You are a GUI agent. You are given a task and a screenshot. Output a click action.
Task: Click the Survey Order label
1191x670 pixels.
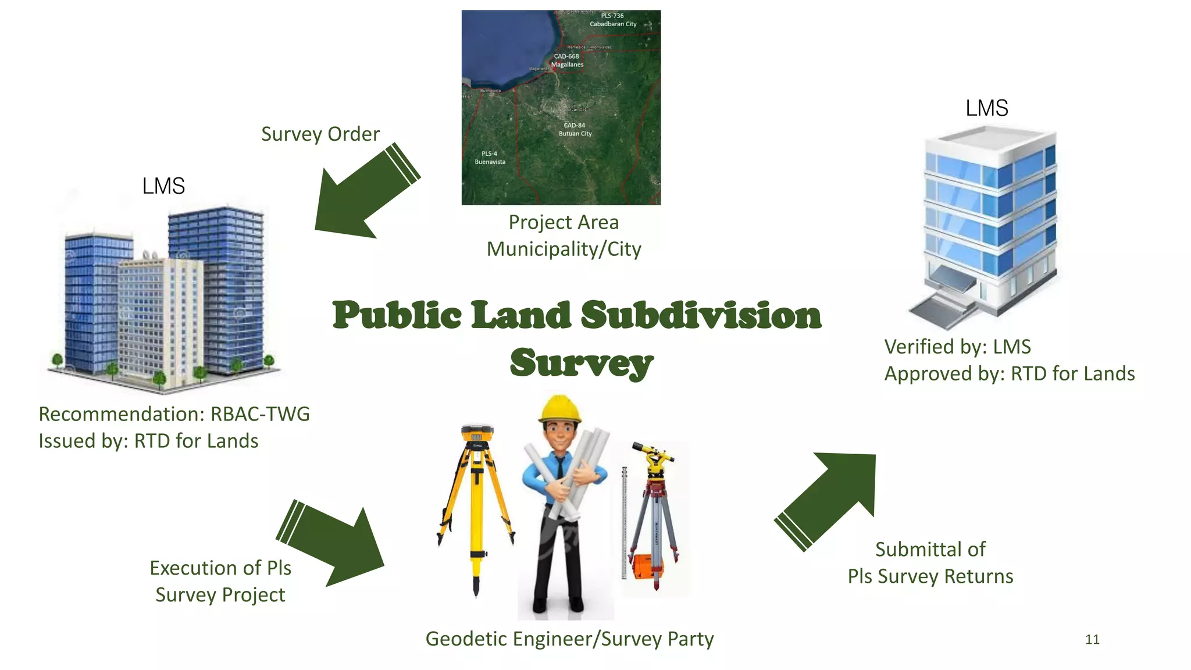click(320, 134)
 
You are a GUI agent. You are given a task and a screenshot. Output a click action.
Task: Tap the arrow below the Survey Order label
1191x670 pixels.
click(361, 195)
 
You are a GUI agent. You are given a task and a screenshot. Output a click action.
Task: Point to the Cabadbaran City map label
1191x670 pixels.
click(613, 24)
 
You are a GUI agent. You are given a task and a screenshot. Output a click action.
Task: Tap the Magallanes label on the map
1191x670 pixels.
click(567, 65)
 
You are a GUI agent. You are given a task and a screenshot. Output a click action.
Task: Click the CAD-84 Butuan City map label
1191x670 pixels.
click(575, 130)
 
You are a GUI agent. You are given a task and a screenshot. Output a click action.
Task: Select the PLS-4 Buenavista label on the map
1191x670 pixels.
click(490, 158)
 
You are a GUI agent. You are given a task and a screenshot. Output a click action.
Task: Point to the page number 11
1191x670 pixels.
click(1092, 640)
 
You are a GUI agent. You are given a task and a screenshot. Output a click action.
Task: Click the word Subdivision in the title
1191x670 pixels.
click(701, 316)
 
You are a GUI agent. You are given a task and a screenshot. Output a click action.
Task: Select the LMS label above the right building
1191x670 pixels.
click(986, 108)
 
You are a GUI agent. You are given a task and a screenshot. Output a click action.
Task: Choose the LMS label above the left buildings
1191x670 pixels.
click(163, 186)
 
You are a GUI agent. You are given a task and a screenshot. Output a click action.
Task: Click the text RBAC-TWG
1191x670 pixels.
click(260, 414)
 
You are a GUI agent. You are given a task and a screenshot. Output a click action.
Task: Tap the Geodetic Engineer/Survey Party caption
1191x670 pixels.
click(569, 639)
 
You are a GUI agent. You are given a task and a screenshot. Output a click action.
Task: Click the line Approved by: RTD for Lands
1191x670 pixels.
click(1009, 373)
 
